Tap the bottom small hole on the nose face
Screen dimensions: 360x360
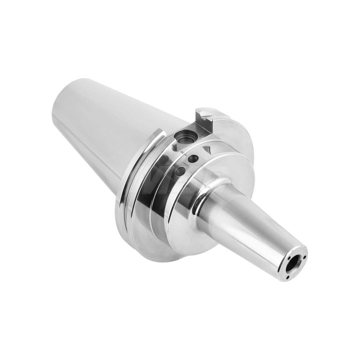(288, 277)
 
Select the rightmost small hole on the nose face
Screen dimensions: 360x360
(305, 257)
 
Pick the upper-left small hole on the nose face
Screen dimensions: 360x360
(289, 258)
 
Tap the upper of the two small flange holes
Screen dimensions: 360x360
(193, 159)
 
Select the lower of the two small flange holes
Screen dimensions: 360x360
(180, 171)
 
